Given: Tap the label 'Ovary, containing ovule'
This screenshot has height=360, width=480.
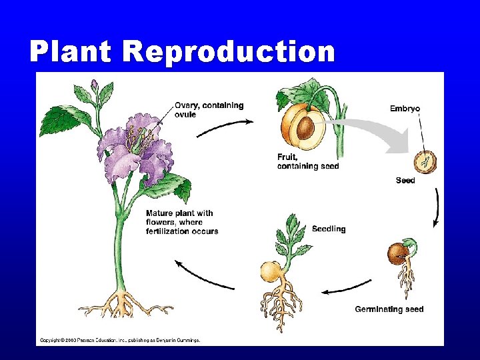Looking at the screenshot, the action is click(209, 109).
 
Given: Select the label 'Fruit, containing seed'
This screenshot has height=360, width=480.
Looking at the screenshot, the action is click(307, 161).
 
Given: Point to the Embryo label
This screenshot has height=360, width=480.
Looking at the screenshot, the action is click(404, 109).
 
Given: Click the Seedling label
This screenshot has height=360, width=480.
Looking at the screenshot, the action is click(328, 229).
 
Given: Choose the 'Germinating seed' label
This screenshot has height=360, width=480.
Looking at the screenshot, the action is click(389, 309).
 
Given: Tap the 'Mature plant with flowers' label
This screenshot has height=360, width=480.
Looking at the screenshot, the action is click(181, 222).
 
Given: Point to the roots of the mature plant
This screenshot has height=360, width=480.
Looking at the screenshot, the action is click(123, 303).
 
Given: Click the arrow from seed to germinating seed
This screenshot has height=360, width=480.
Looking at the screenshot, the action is click(436, 207).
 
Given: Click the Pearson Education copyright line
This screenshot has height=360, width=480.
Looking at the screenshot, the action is click(120, 340).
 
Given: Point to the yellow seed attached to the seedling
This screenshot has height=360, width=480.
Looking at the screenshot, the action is click(271, 272).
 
